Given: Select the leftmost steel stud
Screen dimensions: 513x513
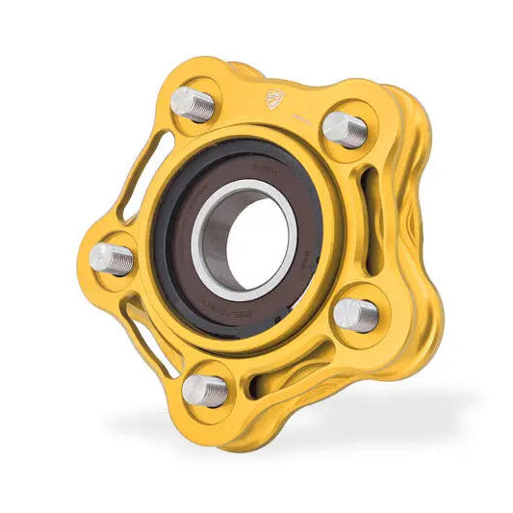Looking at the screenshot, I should [112, 258].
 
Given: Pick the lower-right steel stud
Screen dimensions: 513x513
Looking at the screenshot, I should [355, 314].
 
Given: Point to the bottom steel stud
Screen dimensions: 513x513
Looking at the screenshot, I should [205, 389].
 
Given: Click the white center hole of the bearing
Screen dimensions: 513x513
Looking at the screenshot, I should [251, 238].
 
